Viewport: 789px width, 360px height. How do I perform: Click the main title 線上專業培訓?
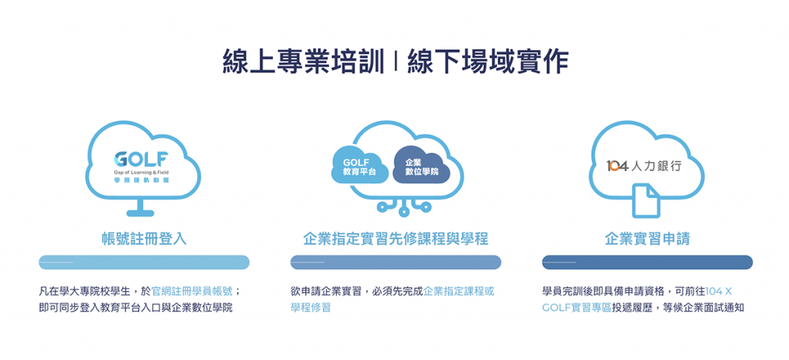click(x=301, y=62)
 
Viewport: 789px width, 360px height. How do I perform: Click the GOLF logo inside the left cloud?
click(x=141, y=167)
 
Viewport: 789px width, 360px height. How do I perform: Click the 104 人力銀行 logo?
click(x=643, y=167)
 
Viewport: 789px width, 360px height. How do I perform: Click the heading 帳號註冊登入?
click(x=144, y=239)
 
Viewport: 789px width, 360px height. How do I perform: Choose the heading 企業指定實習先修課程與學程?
click(x=395, y=239)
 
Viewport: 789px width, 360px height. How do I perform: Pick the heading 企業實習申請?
click(x=647, y=239)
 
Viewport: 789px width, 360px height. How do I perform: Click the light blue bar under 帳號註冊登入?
click(x=144, y=262)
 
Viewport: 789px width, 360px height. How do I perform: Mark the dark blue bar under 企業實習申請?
click(x=647, y=262)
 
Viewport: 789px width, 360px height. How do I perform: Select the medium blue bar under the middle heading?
click(x=395, y=262)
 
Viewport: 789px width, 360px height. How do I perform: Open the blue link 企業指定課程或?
click(x=459, y=291)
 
